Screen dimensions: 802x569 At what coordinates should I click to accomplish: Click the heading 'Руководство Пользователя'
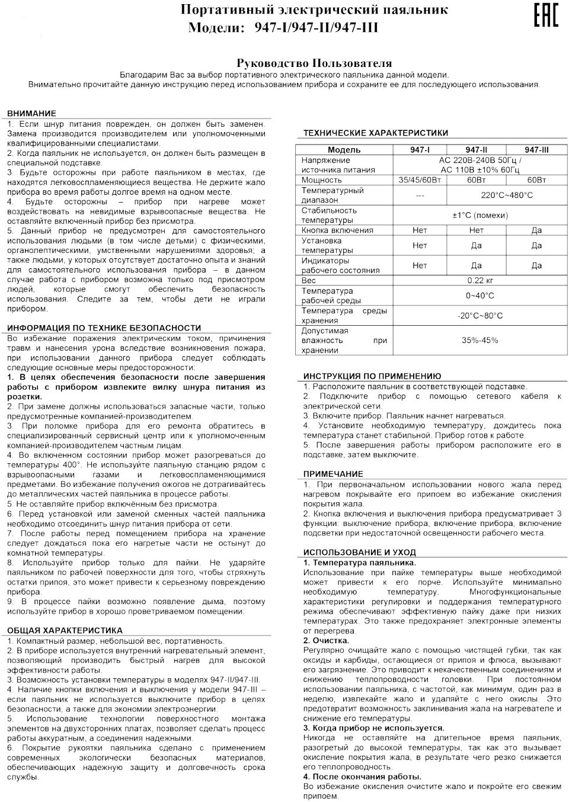pyautogui.click(x=314, y=63)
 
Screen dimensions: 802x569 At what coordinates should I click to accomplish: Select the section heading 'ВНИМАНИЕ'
pyautogui.click(x=32, y=113)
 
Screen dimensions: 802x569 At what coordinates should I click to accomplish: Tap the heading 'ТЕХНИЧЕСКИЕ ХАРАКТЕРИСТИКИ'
pyautogui.click(x=376, y=133)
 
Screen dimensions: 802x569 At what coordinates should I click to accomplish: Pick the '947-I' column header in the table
pyautogui.click(x=420, y=150)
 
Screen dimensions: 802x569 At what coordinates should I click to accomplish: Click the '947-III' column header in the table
pyautogui.click(x=536, y=150)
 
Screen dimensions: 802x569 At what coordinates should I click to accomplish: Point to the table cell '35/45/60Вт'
pyautogui.click(x=420, y=180)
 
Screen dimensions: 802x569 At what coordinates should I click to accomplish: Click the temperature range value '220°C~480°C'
pyautogui.click(x=506, y=195)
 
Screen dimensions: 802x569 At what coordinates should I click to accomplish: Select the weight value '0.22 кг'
pyautogui.click(x=480, y=280)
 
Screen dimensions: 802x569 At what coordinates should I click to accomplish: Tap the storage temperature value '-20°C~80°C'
pyautogui.click(x=480, y=316)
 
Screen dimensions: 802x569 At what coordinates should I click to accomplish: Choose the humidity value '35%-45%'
pyautogui.click(x=480, y=341)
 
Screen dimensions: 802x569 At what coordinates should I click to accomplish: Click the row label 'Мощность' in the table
pyautogui.click(x=322, y=180)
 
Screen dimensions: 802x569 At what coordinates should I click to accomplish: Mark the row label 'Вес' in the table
pyautogui.click(x=309, y=280)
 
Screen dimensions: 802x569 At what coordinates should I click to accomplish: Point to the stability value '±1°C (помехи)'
pyautogui.click(x=480, y=216)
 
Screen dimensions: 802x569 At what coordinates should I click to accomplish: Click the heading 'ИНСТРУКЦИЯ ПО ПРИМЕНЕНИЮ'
pyautogui.click(x=372, y=376)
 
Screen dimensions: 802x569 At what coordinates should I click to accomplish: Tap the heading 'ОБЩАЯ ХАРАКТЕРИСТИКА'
pyautogui.click(x=65, y=630)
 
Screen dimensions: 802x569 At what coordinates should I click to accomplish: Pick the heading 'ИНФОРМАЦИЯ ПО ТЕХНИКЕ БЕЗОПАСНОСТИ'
pyautogui.click(x=104, y=328)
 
